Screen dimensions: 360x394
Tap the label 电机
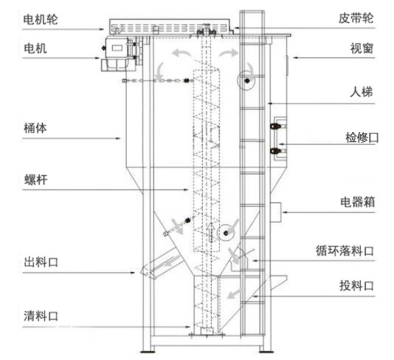point(35,49)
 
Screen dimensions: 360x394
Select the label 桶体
point(35,128)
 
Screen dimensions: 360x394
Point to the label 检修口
point(361,137)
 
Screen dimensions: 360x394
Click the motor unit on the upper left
point(118,51)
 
